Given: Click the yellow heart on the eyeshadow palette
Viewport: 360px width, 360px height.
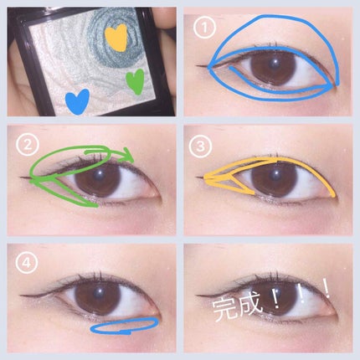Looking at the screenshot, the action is (116, 38).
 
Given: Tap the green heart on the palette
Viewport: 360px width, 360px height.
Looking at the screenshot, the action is (135, 81).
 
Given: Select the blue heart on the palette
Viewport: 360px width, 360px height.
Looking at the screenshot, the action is (77, 101).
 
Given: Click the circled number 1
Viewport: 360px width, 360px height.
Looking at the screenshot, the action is (205, 28).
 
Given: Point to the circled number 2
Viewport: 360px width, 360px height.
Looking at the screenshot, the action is (28, 146).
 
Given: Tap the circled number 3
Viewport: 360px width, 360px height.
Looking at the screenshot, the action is (200, 146).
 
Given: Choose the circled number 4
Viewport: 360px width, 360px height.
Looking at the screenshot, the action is (27, 263).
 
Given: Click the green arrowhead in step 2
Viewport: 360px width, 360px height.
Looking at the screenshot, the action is (127, 156).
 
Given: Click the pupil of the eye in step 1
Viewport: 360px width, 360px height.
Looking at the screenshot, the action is (272, 66).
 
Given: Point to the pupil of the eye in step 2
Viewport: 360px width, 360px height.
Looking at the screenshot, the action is (98, 179).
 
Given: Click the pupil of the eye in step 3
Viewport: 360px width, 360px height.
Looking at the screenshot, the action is (274, 178).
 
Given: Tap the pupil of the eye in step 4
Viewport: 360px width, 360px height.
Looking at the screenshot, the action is (98, 296).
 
